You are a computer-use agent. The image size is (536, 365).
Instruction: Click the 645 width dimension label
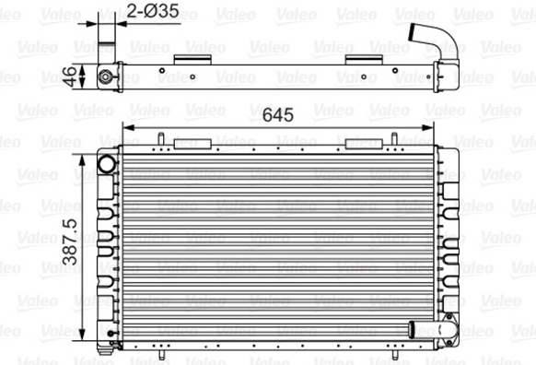[x=278, y=115]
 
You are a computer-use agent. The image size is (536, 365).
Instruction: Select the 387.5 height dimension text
[x=70, y=242]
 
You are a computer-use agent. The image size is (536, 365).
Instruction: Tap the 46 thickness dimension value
[x=70, y=77]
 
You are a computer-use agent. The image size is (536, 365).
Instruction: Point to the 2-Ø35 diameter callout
[x=153, y=11]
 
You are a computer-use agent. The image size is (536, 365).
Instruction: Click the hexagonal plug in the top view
[x=105, y=77]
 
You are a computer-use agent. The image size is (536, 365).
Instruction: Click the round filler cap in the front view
[x=107, y=164]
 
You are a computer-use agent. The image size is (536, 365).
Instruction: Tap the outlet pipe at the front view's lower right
[x=433, y=330]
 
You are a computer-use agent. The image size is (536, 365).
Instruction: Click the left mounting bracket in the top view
[x=192, y=60]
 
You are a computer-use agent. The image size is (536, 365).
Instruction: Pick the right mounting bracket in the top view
[x=364, y=60]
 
